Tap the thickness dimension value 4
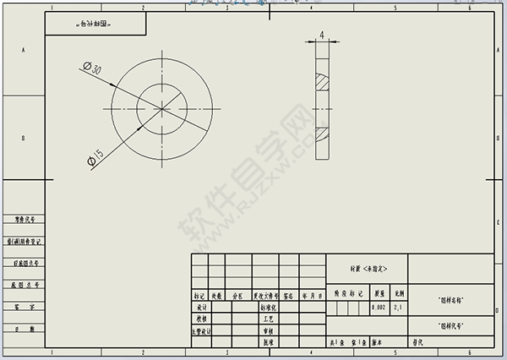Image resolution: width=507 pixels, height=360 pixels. [x=322, y=35]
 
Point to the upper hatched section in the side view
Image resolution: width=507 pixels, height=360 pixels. [x=322, y=82]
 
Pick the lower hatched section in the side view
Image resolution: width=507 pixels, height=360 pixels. [x=322, y=134]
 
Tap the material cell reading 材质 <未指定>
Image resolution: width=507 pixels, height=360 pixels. [x=368, y=267]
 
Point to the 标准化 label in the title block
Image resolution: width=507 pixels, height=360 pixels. [x=268, y=308]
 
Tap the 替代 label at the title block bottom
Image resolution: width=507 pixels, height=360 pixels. [x=417, y=343]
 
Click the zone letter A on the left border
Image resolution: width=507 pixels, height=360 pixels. [x=23, y=51]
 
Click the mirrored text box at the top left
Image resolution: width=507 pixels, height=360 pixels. [x=92, y=25]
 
